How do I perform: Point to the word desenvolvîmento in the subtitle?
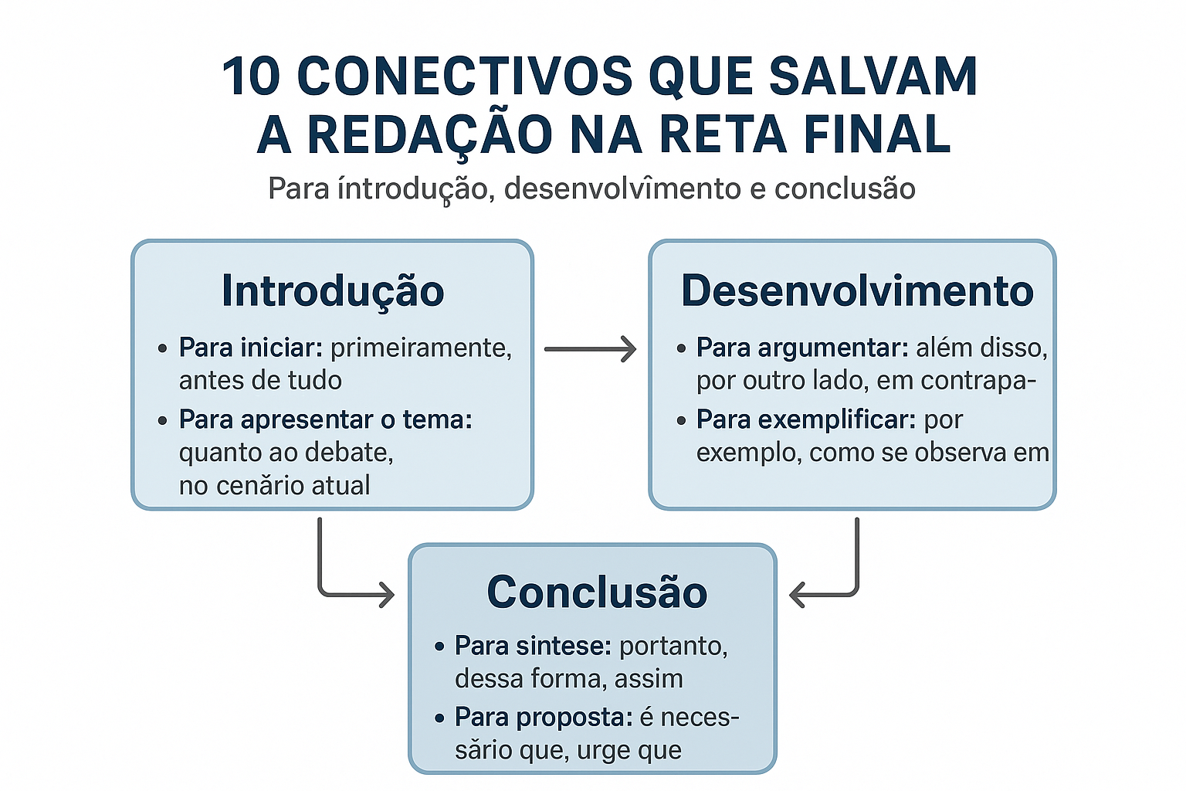point(622,189)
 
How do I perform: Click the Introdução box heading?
point(333,291)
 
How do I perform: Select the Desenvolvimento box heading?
point(857,291)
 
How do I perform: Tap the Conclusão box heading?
point(597,592)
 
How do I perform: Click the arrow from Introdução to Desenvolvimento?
point(591,349)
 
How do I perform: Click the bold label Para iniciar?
point(250,348)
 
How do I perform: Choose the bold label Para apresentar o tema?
point(325,419)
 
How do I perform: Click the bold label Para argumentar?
point(801,348)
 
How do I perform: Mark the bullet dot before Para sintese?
point(439,646)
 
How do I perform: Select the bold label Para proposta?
point(544,717)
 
